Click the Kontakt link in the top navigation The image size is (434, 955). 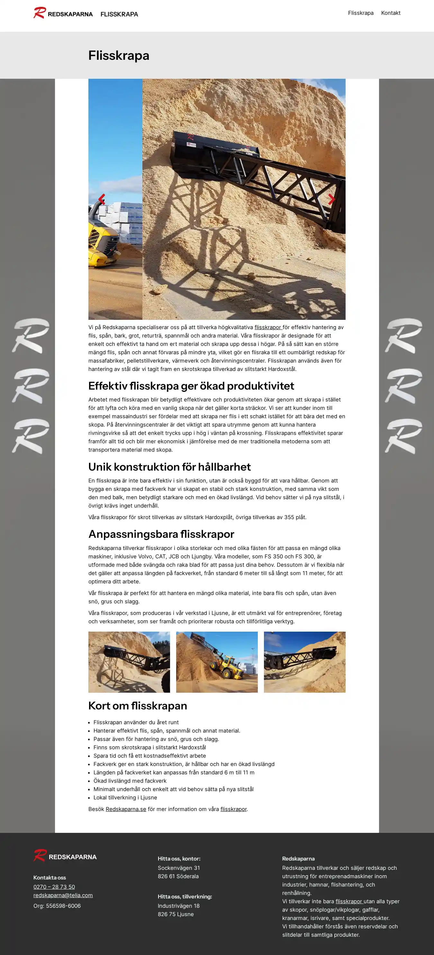[391, 13]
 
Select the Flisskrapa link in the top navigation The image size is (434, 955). [361, 13]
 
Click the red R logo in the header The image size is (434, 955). [40, 13]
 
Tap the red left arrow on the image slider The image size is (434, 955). [102, 199]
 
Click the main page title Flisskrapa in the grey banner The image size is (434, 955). [119, 56]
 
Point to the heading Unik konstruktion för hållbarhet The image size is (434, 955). [169, 467]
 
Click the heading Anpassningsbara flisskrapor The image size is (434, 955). [161, 534]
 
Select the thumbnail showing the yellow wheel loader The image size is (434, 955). [217, 662]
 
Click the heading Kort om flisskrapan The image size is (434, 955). [138, 706]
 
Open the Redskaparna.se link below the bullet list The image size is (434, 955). [126, 809]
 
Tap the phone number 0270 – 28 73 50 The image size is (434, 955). [54, 887]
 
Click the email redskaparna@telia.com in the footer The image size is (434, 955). [63, 895]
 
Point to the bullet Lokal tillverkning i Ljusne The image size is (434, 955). [125, 798]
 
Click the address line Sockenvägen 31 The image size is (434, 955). [179, 868]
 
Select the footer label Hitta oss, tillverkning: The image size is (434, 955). [185, 896]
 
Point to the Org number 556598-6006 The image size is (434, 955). [57, 906]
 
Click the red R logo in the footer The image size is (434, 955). [40, 855]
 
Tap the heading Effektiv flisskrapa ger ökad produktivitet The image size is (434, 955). [191, 386]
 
